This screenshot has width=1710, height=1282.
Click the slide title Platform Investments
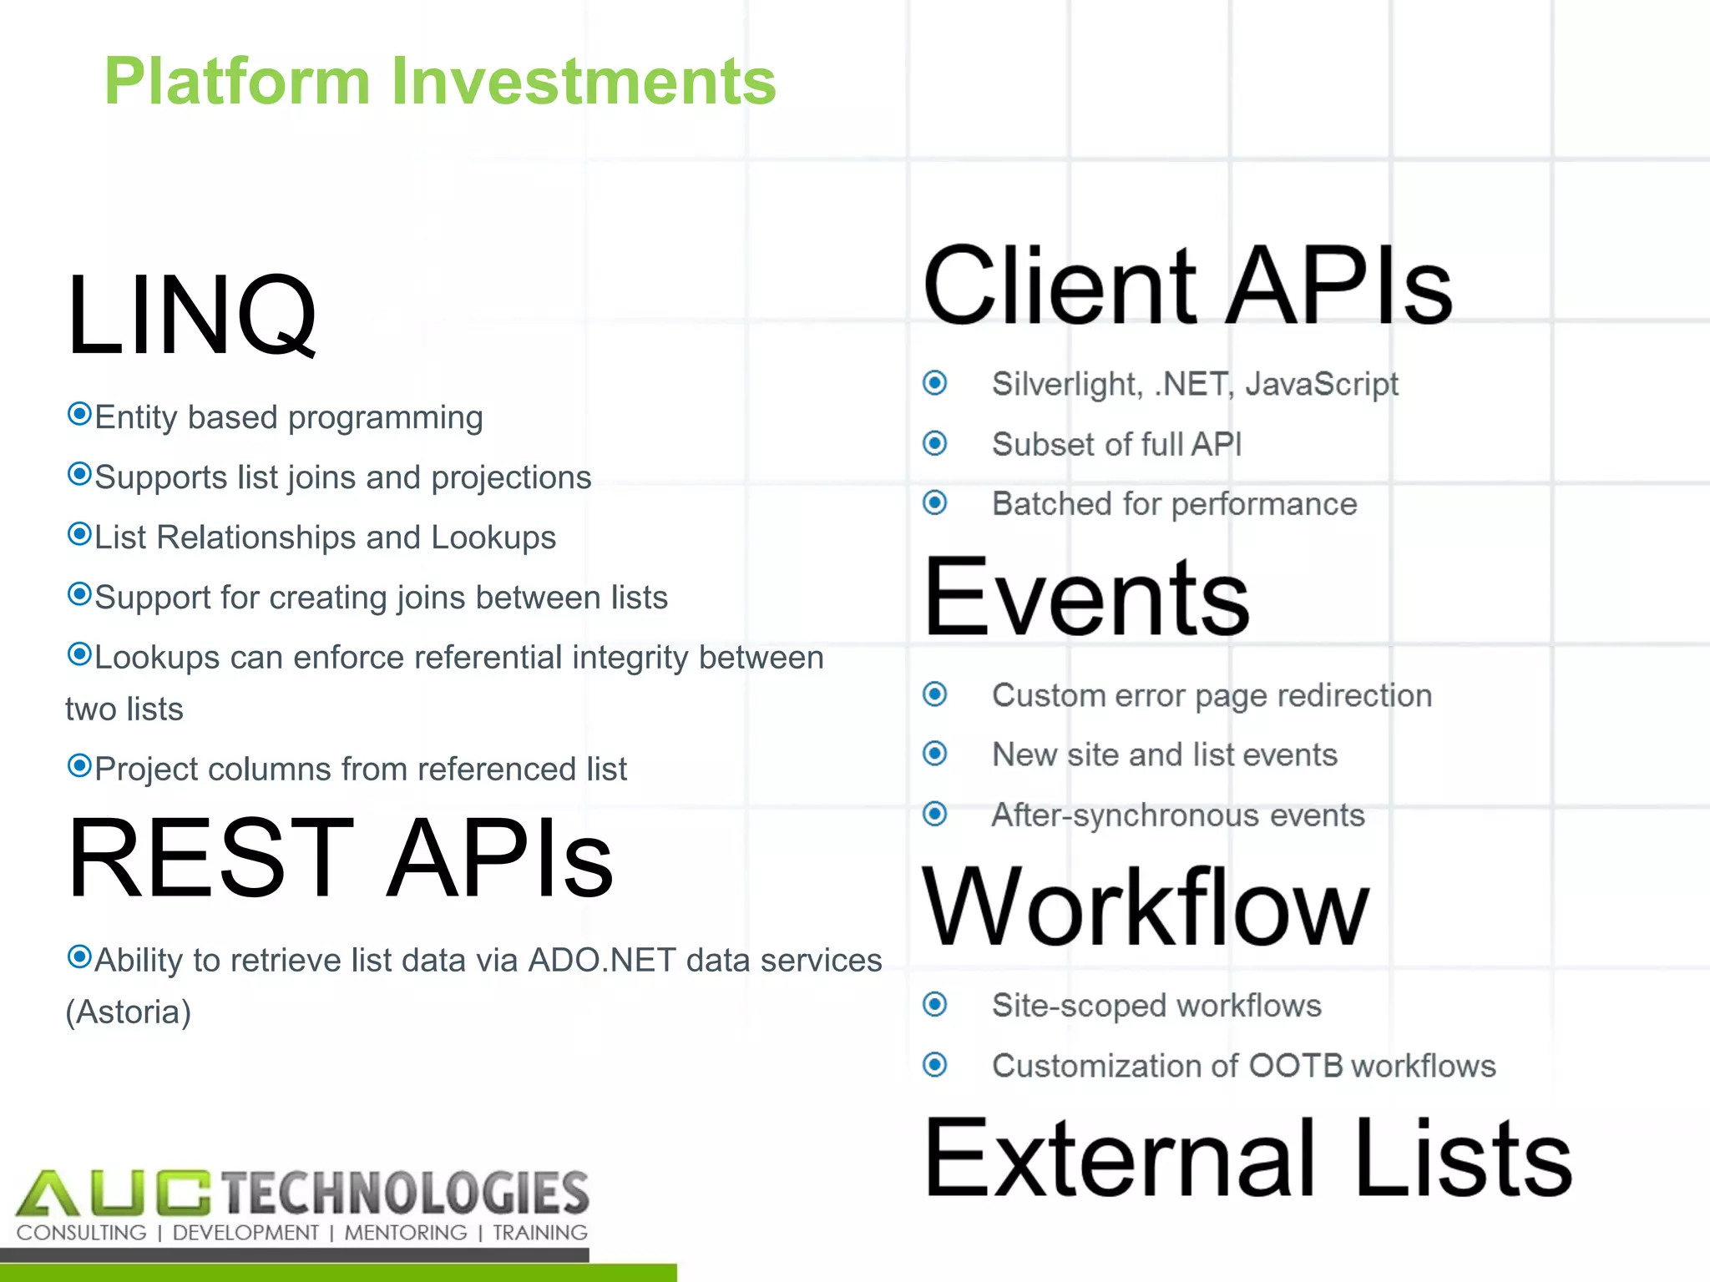(440, 81)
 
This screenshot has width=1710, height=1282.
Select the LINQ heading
(191, 315)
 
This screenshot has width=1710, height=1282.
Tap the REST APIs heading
(341, 859)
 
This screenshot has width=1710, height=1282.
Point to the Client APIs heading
(1187, 286)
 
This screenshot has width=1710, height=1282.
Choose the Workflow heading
(1146, 907)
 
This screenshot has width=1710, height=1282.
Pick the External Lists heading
(1247, 1158)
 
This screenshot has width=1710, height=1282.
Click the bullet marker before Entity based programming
(79, 414)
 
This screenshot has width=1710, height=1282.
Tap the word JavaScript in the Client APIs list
(1321, 384)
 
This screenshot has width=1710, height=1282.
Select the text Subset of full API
(1116, 444)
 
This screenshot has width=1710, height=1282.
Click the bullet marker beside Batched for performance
(935, 502)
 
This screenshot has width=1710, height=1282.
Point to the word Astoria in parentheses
(129, 1012)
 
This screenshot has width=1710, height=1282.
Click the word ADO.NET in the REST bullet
(601, 960)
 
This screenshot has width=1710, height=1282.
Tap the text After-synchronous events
(1177, 815)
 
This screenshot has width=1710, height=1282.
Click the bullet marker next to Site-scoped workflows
(935, 1004)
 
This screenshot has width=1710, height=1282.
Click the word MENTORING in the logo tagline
(406, 1233)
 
